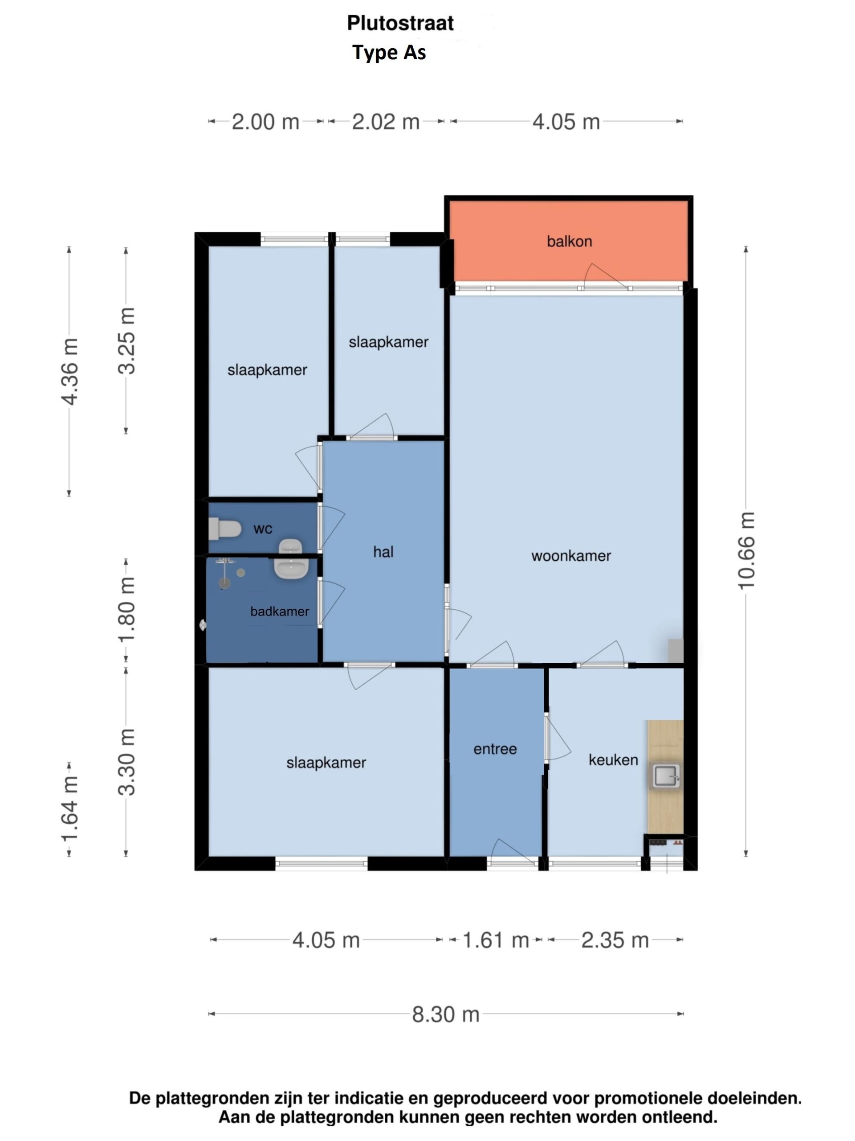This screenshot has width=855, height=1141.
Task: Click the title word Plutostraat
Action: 400,23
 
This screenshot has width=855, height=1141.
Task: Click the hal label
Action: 383,552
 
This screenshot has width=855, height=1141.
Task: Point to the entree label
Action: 495,749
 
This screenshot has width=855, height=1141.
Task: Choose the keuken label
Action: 613,760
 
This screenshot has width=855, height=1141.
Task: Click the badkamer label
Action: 280,612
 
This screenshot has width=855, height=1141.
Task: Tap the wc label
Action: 263,529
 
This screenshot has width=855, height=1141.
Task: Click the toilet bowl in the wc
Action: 225,529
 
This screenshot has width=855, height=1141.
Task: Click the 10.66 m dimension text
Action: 746,551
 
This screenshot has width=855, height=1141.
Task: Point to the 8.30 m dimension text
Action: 446,1014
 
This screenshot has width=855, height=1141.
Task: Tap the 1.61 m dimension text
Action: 496,940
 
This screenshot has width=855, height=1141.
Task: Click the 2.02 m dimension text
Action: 386,122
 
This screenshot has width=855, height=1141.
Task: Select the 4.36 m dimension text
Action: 69,371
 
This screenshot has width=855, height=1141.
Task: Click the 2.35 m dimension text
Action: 615,940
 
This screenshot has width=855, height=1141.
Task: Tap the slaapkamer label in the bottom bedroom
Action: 326,763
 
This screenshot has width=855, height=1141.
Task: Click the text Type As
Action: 389,53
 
